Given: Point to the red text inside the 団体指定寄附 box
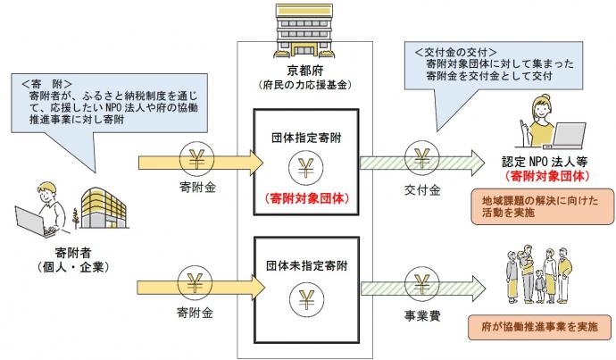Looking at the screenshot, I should pos(306,202).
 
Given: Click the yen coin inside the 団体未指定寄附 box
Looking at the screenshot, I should pos(306,297).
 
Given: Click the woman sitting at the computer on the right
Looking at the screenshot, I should pos(547,121).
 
